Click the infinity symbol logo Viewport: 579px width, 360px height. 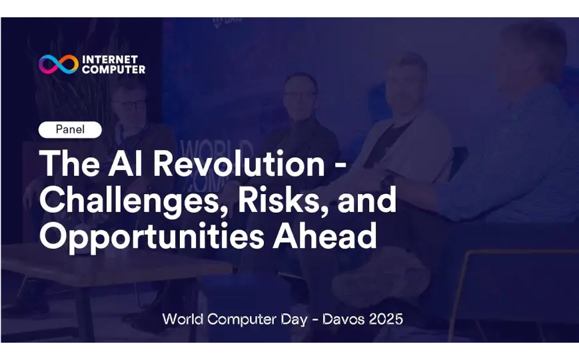pyautogui.click(x=59, y=64)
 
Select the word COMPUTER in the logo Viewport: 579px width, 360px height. pyautogui.click(x=113, y=69)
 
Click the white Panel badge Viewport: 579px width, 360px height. pyautogui.click(x=70, y=129)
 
